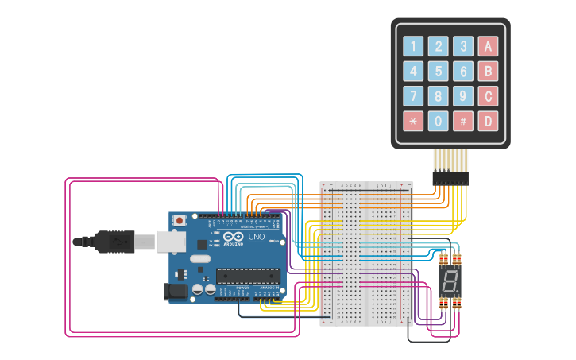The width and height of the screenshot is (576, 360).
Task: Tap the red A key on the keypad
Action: (x=489, y=46)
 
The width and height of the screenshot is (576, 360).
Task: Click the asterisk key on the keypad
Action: (x=413, y=121)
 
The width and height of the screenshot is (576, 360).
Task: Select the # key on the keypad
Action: (x=463, y=121)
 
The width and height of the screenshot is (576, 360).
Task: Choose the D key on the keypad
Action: (x=489, y=121)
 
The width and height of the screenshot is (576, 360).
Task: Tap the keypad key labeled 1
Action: (x=413, y=46)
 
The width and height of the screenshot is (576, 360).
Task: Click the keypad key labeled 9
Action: (x=463, y=96)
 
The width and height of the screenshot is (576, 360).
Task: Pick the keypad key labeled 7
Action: (x=413, y=96)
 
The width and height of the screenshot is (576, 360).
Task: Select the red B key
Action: (x=489, y=72)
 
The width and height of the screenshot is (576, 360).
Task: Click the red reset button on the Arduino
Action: (x=180, y=219)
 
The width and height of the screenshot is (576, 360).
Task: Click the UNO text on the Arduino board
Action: (x=257, y=237)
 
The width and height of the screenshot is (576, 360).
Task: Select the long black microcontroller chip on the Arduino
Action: (x=248, y=276)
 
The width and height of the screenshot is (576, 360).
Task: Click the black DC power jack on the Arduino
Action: (x=176, y=292)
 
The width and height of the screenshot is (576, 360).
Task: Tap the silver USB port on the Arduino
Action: (x=170, y=241)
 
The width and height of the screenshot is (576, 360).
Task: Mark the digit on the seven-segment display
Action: (x=450, y=281)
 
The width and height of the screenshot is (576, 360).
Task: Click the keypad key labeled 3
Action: (x=463, y=46)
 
